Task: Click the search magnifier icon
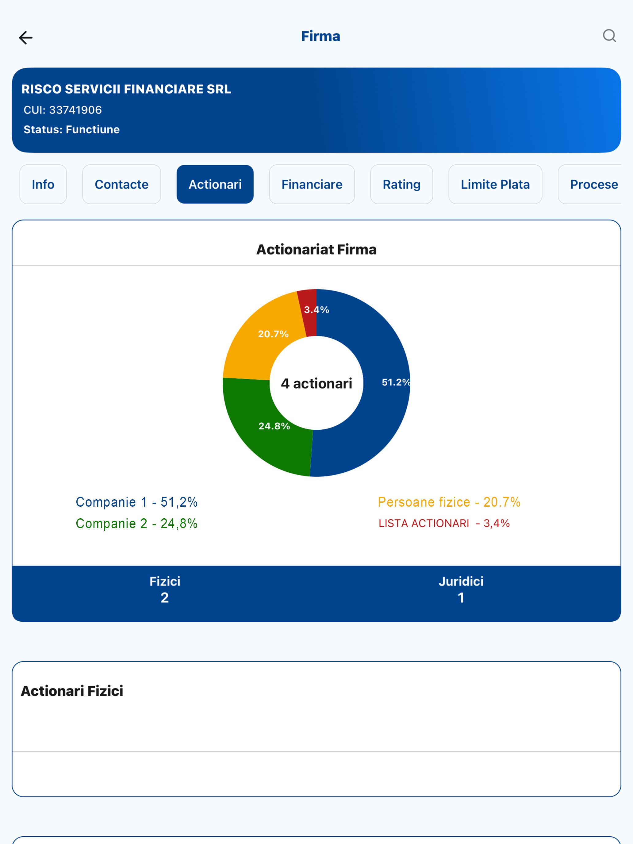(609, 36)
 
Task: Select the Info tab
(43, 184)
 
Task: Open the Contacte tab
(121, 184)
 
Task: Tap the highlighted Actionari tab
(215, 184)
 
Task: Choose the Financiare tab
(312, 184)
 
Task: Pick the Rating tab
(401, 184)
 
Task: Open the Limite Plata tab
(495, 184)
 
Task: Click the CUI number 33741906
(75, 110)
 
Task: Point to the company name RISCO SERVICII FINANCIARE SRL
(126, 89)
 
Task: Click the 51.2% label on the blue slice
(395, 382)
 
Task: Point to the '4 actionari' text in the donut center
(316, 383)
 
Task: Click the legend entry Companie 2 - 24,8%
(136, 524)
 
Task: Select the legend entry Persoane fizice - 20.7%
(449, 502)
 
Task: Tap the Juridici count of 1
(461, 597)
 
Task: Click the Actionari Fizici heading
(72, 691)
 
